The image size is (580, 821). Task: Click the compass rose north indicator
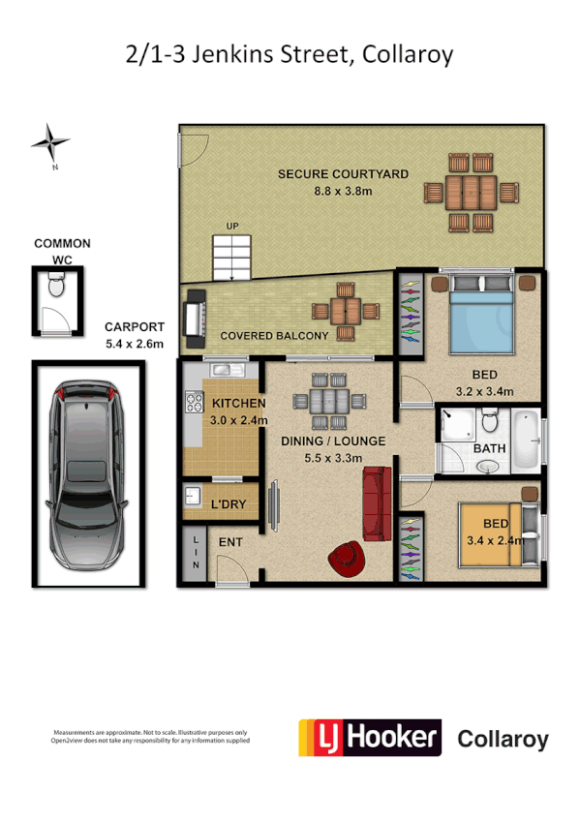click(50, 143)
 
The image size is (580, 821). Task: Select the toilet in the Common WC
click(57, 286)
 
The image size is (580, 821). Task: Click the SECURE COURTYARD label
click(343, 174)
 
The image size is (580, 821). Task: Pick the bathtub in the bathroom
click(526, 441)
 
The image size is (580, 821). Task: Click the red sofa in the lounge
click(375, 502)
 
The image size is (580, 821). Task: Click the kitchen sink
click(220, 369)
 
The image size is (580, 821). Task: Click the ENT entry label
click(229, 543)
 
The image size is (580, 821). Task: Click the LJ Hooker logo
click(369, 738)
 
